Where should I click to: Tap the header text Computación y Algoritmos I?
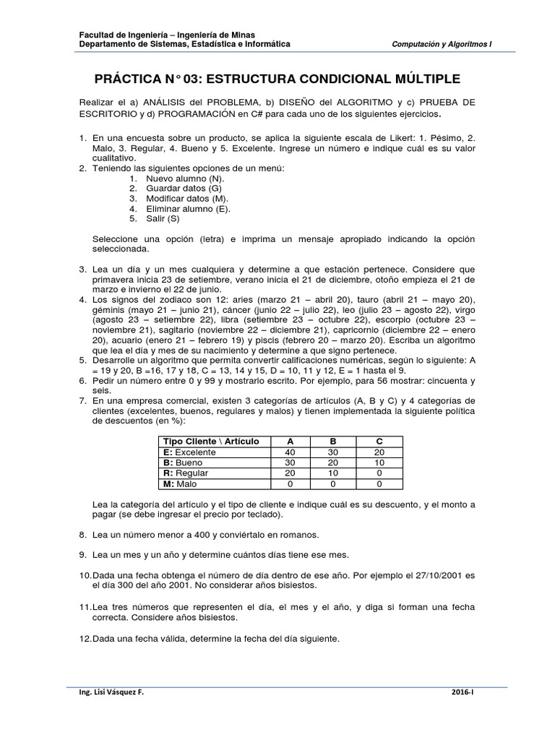(x=441, y=44)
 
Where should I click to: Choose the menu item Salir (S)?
(x=163, y=218)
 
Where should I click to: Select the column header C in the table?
(x=379, y=442)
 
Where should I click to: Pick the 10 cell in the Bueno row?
(x=379, y=462)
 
